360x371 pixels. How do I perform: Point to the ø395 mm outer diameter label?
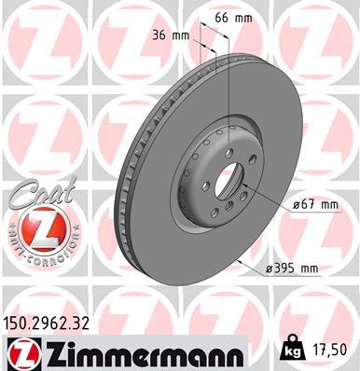(x=291, y=268)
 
